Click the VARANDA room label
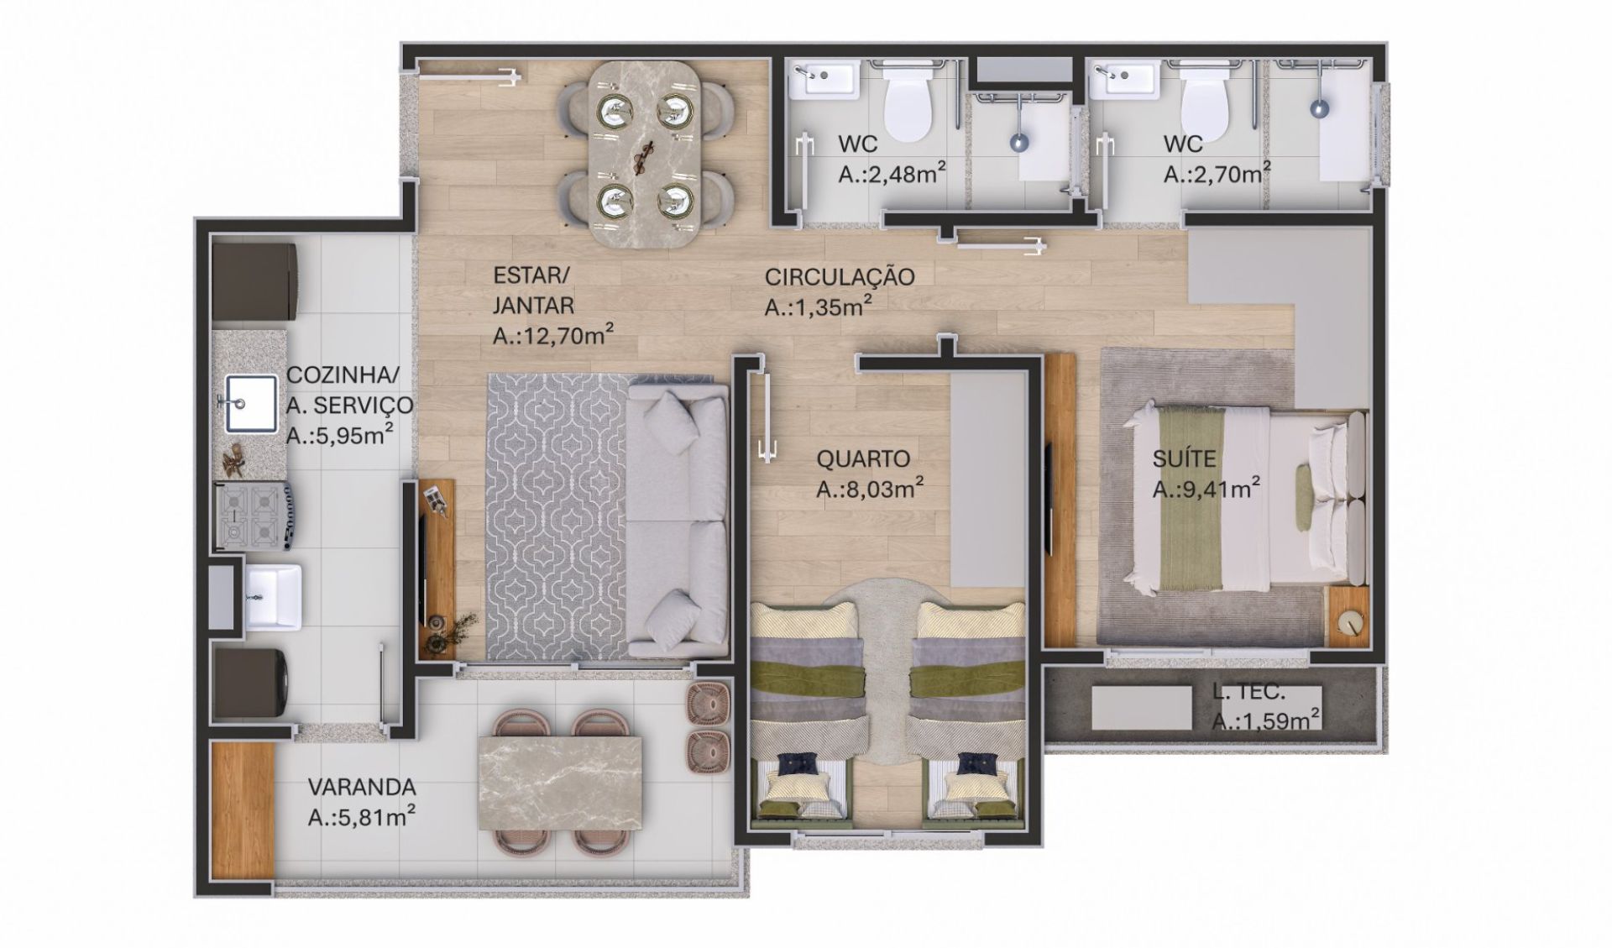[x=362, y=788]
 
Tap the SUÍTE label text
[x=1184, y=459]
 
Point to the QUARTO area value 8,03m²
[x=871, y=489]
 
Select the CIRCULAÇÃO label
[x=840, y=277]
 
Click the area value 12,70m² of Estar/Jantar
[x=553, y=336]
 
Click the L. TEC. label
[x=1248, y=693]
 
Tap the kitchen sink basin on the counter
[x=250, y=404]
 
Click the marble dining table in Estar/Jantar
[x=644, y=155]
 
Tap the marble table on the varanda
[x=559, y=783]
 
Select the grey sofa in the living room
[x=677, y=521]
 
